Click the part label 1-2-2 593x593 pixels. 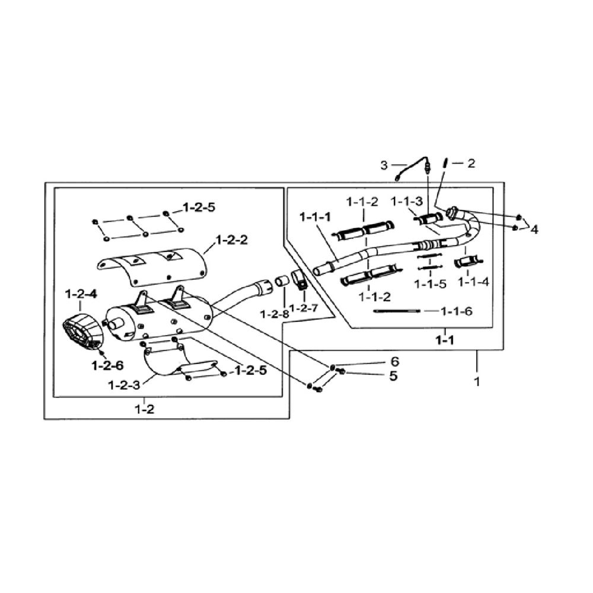(231, 240)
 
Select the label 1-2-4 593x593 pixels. (81, 294)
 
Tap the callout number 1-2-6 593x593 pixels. (107, 365)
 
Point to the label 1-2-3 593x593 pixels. (124, 385)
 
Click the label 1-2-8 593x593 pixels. (275, 314)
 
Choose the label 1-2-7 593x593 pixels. (304, 308)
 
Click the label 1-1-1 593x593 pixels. (315, 217)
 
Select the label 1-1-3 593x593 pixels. (407, 202)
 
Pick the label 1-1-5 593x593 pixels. (430, 283)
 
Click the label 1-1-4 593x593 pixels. (473, 282)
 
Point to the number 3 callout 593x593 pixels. (384, 165)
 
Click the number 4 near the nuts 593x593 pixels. (534, 229)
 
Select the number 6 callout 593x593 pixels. (394, 362)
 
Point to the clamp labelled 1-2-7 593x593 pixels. (299, 280)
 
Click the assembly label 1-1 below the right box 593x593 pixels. (445, 340)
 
